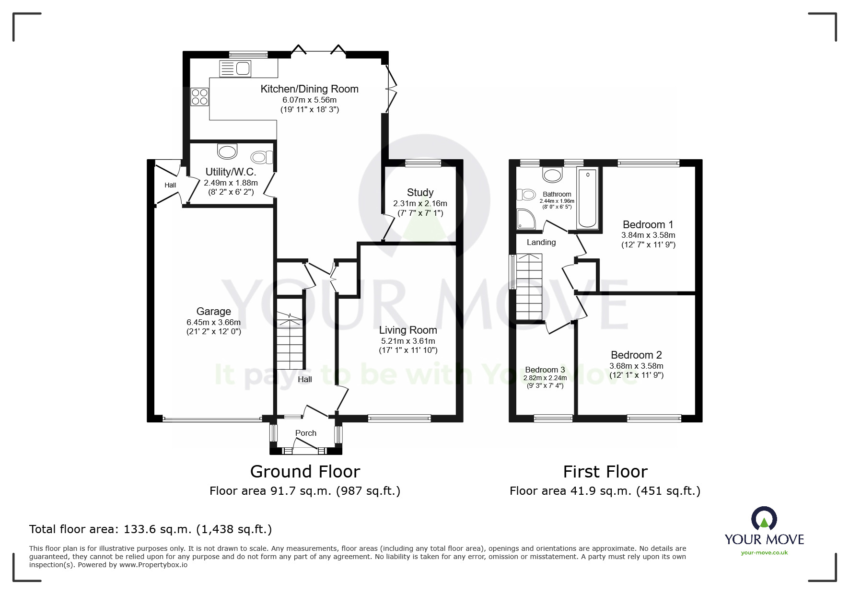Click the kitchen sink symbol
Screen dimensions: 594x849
click(235, 69)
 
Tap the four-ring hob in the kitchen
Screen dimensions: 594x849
click(199, 97)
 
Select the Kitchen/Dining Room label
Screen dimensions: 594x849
click(309, 89)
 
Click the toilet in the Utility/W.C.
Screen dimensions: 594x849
click(262, 157)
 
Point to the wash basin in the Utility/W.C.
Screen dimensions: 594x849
click(227, 151)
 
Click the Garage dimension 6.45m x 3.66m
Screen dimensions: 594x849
click(213, 322)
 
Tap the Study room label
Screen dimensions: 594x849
click(420, 193)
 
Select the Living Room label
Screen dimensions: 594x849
click(408, 330)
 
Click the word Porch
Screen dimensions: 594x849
click(306, 433)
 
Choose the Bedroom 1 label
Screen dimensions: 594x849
click(648, 224)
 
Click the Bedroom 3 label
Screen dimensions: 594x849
click(545, 370)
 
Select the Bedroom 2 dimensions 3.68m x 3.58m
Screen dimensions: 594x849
click(636, 366)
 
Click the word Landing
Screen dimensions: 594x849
click(541, 243)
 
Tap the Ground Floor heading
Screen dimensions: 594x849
click(305, 472)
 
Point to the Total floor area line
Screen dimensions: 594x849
click(151, 529)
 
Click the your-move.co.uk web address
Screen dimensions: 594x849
click(764, 553)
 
